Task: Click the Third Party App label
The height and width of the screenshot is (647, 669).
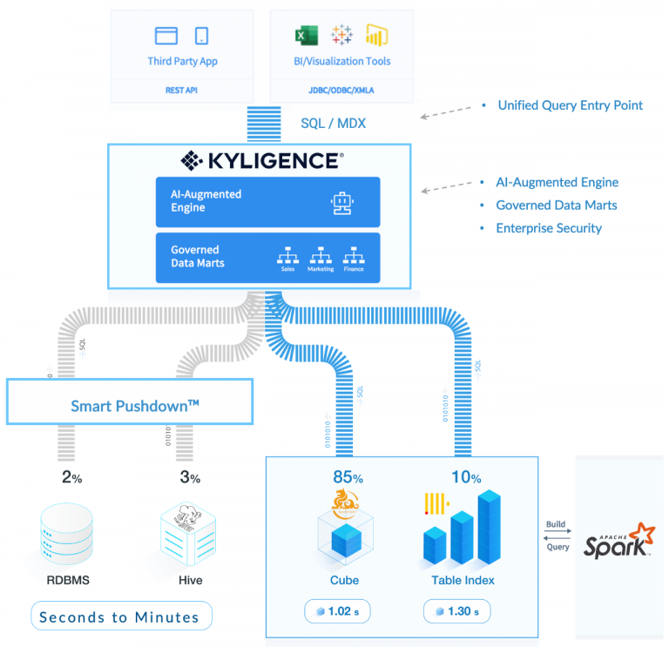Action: pyautogui.click(x=182, y=62)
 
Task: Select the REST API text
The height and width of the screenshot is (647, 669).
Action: pyautogui.click(x=182, y=90)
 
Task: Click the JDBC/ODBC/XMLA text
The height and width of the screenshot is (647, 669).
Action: pyautogui.click(x=341, y=90)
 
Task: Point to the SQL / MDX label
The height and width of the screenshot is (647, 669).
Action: pyautogui.click(x=333, y=124)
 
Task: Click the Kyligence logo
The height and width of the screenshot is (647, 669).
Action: pyautogui.click(x=261, y=160)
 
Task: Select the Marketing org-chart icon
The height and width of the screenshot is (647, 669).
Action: pyautogui.click(x=320, y=255)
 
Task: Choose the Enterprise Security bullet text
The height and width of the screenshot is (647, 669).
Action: pyautogui.click(x=549, y=228)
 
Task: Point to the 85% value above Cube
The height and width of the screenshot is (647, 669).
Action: pyautogui.click(x=348, y=477)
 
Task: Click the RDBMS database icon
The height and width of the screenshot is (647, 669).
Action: pyautogui.click(x=66, y=534)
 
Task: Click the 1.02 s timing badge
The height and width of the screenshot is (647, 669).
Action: pyautogui.click(x=337, y=611)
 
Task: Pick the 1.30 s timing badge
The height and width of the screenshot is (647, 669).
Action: pyautogui.click(x=456, y=611)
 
